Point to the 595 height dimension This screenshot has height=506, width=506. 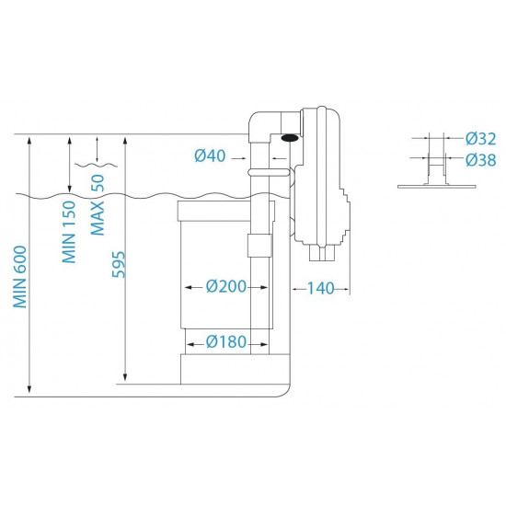coord(118,262)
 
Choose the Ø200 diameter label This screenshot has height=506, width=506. coord(224,287)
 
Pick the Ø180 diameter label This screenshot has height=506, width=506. coord(224,342)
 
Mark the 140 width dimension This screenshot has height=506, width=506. coord(320,289)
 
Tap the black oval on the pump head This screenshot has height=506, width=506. coord(289,139)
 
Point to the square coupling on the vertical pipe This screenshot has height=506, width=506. coord(259,245)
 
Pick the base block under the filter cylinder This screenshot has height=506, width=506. coord(234,371)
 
